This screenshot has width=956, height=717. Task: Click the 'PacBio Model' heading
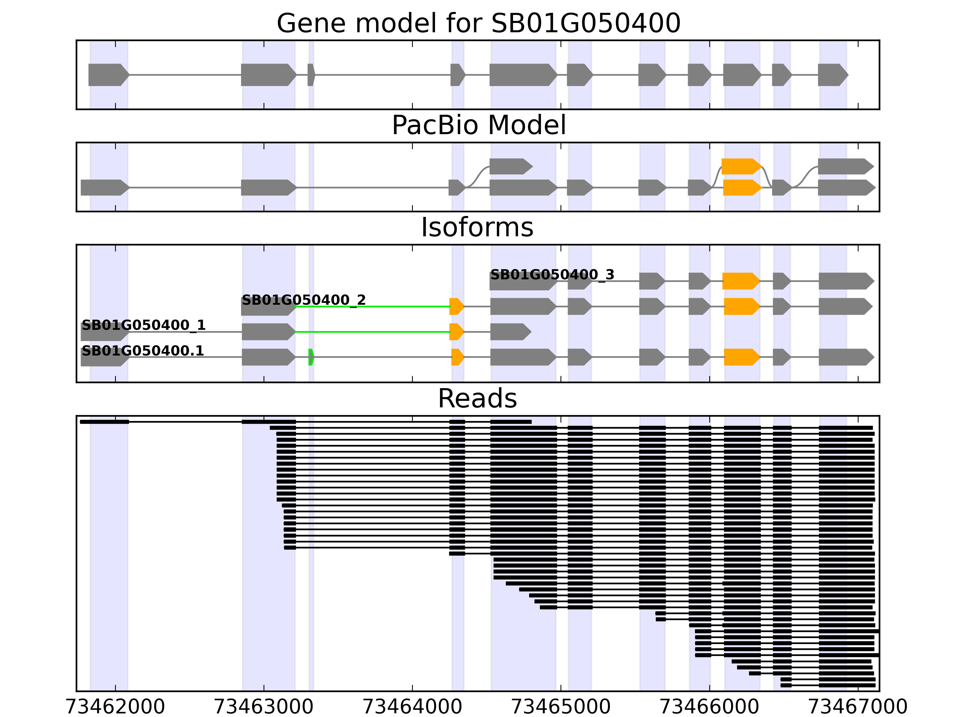478,125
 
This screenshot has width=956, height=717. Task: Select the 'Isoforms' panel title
477,227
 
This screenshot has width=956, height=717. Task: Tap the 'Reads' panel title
477,399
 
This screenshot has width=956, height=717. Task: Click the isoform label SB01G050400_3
552,275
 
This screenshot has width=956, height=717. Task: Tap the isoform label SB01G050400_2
304,300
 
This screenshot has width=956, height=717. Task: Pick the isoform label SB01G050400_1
143,325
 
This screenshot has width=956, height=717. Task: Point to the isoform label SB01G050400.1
143,350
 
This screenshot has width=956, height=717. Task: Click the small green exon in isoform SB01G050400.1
311,357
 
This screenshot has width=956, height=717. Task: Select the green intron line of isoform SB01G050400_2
372,307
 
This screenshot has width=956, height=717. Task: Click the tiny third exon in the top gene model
311,75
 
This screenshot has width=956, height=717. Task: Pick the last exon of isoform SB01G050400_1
510,332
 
